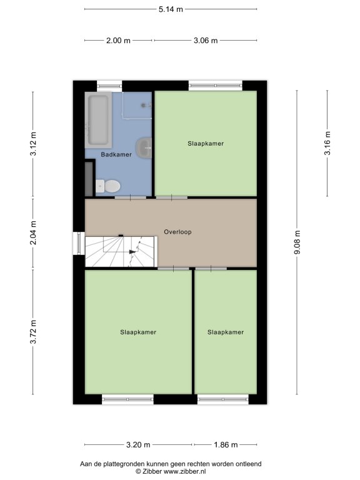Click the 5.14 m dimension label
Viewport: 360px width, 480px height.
[x=171, y=9]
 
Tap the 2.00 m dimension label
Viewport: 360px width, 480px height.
[x=118, y=41]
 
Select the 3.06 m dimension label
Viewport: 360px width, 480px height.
[x=206, y=41]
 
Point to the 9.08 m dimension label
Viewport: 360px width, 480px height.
[x=297, y=242]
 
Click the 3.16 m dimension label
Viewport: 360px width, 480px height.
[x=327, y=143]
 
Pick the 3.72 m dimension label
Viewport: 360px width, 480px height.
[x=33, y=332]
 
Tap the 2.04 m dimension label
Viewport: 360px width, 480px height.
[x=33, y=232]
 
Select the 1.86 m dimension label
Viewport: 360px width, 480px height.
[x=226, y=445]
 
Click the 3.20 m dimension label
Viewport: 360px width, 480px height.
[x=138, y=445]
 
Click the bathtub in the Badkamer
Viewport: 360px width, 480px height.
[x=98, y=120]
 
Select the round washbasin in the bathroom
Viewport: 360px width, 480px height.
[x=144, y=148]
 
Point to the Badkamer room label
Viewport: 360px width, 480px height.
[x=116, y=154]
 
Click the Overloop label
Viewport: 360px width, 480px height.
[x=178, y=232]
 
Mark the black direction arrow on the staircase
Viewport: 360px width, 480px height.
[x=132, y=252]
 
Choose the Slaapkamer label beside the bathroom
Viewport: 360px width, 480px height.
[x=206, y=144]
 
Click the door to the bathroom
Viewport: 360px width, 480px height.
[x=131, y=197]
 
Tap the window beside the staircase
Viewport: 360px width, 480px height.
[x=79, y=244]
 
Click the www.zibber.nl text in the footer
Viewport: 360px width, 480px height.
[x=184, y=471]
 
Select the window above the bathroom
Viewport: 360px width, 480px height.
[x=109, y=86]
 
